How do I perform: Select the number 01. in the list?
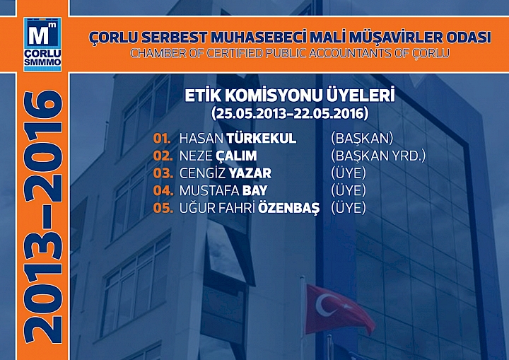click(x=163, y=138)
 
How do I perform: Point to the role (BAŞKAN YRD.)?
click(x=378, y=156)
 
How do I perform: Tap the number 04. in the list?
click(x=163, y=191)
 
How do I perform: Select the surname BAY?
click(x=255, y=191)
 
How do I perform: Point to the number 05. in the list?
click(x=163, y=209)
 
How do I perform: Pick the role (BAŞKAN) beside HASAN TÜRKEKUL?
click(x=361, y=138)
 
